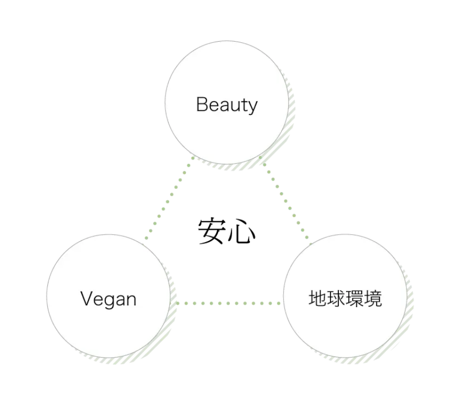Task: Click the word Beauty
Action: coord(226,105)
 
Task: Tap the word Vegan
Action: coord(108,299)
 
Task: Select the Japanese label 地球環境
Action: coord(345,299)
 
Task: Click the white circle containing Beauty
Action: coord(226,78)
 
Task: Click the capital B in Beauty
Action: coord(202,105)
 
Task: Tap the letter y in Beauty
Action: coord(252,107)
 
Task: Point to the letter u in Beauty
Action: coord(234,106)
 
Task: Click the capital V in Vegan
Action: coord(87,299)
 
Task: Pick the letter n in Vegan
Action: coord(131,300)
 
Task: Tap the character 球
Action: coord(336,299)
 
